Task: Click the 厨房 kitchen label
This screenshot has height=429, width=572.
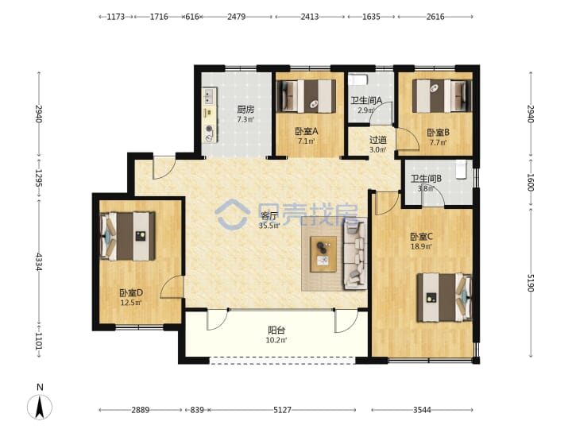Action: pyautogui.click(x=245, y=109)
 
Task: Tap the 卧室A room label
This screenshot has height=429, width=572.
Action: pyautogui.click(x=307, y=131)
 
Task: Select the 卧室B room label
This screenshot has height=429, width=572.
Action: pyautogui.click(x=438, y=133)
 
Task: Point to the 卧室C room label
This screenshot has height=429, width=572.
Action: pyautogui.click(x=421, y=237)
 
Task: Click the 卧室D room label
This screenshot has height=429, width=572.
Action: pyautogui.click(x=131, y=292)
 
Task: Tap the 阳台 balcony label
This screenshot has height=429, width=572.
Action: pyautogui.click(x=276, y=330)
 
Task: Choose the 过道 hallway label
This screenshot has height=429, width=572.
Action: pyautogui.click(x=378, y=140)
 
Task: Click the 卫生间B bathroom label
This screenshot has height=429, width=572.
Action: pyautogui.click(x=426, y=179)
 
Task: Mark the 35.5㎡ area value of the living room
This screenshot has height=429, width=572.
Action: pyautogui.click(x=269, y=226)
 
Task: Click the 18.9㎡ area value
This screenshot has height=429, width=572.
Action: pyautogui.click(x=421, y=246)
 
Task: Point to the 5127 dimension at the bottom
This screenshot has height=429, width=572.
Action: pyautogui.click(x=282, y=410)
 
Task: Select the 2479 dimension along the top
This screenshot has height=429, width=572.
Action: pyautogui.click(x=237, y=17)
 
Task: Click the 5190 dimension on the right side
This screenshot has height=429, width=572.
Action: pyautogui.click(x=531, y=283)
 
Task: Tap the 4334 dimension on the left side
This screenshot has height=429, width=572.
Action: pyautogui.click(x=39, y=262)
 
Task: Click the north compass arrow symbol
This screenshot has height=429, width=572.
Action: pyautogui.click(x=40, y=407)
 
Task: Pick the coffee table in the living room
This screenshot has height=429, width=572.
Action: pyautogui.click(x=323, y=254)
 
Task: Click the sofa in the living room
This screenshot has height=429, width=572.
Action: pyautogui.click(x=355, y=254)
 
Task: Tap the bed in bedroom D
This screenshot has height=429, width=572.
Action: pyautogui.click(x=128, y=237)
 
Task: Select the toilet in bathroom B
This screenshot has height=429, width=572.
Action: pyautogui.click(x=462, y=170)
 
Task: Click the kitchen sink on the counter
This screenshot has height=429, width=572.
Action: pyautogui.click(x=210, y=96)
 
